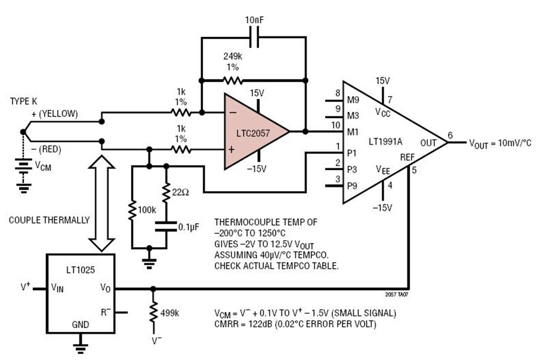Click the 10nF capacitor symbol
[x=254, y=38]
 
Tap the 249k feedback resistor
[x=233, y=81]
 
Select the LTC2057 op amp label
[x=253, y=133]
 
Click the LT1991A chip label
[x=385, y=141]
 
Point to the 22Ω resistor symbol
[x=166, y=193]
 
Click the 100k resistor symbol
[x=132, y=210]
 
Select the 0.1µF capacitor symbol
[x=166, y=226]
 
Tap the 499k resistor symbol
[x=153, y=312]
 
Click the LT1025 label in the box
[x=81, y=270]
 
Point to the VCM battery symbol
[x=23, y=166]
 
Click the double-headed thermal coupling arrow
[x=101, y=204]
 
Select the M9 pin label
[x=353, y=100]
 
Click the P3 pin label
[x=352, y=169]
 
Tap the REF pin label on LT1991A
[x=407, y=157]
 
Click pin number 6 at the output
[x=450, y=136]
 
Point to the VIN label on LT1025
[x=57, y=287]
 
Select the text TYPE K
[x=23, y=101]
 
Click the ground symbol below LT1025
[x=81, y=347]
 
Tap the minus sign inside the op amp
[x=233, y=112]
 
